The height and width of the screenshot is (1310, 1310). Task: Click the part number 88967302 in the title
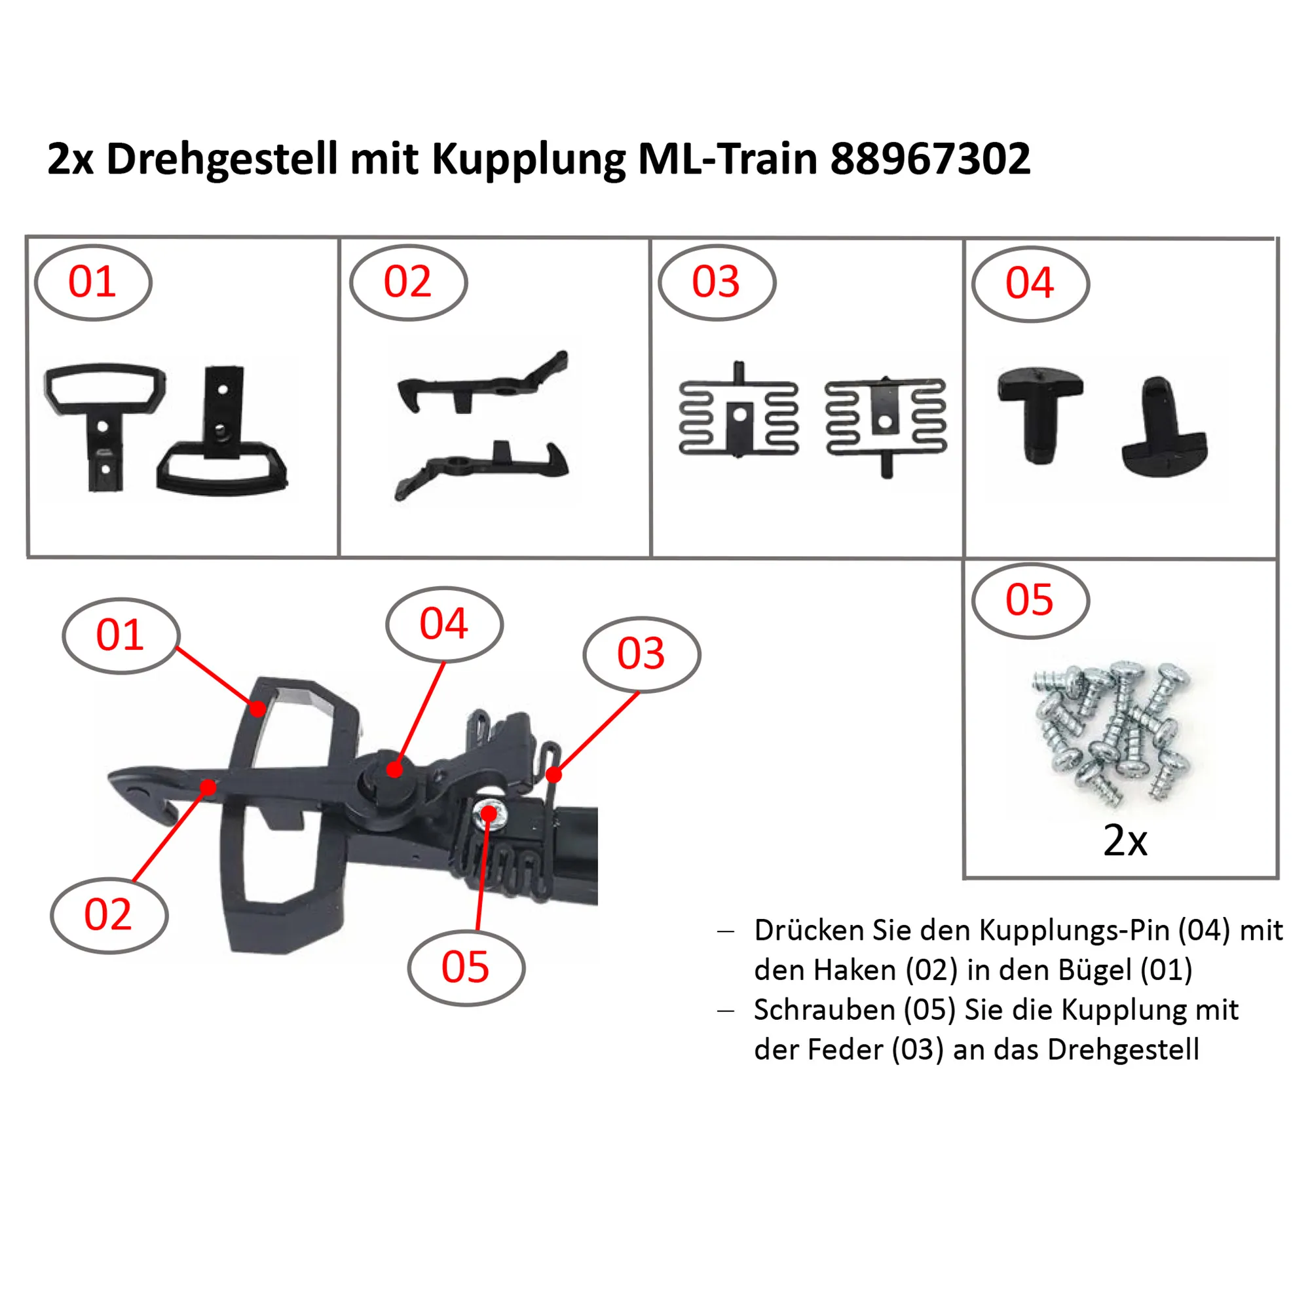[930, 159]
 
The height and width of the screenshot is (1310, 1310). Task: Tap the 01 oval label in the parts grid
[94, 283]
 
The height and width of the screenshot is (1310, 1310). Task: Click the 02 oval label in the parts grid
[408, 283]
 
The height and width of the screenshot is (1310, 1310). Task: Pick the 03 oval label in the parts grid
[717, 283]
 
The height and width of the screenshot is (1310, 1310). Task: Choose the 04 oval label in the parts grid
[1030, 284]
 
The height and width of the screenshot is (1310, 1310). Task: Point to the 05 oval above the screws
[1030, 601]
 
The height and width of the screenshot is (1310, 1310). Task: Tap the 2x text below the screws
[1125, 841]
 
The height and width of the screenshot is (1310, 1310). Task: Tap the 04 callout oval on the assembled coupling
[444, 624]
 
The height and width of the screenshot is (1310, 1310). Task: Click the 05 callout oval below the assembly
[466, 967]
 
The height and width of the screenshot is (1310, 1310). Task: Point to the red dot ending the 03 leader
[554, 774]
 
